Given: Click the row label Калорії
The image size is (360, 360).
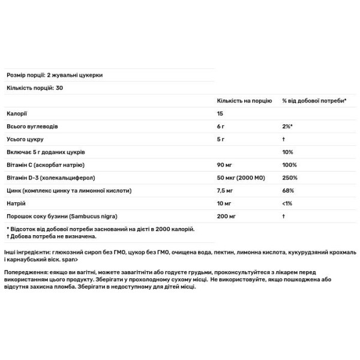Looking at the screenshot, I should (x=17, y=113).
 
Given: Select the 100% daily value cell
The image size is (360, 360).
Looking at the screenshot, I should (x=289, y=164).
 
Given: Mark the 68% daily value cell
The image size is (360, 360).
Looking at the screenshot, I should (x=288, y=191).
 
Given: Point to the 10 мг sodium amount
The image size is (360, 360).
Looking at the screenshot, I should (x=224, y=204).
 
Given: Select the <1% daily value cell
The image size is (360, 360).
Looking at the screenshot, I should (x=288, y=204).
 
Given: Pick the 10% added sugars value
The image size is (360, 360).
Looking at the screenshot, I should (x=288, y=152).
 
